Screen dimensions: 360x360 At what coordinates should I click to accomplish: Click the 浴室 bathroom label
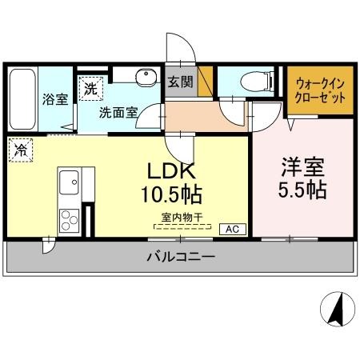[54, 98]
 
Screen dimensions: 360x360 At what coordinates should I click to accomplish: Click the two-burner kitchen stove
[68, 218]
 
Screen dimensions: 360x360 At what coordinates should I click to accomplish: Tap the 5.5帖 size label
[302, 192]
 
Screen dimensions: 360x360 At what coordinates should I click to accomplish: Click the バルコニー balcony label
[180, 258]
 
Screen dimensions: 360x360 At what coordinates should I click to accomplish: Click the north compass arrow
[337, 308]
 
